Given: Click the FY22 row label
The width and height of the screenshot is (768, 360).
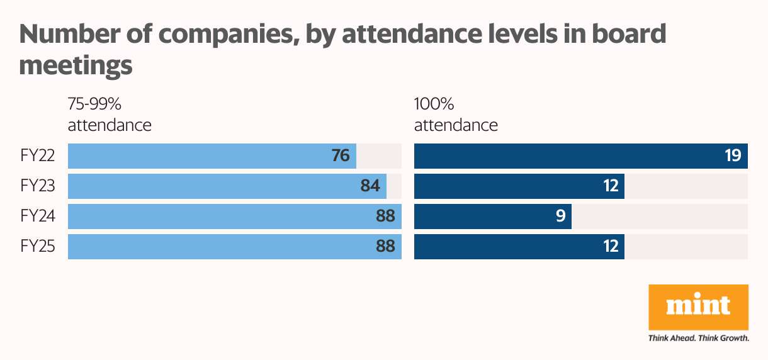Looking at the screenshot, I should click(37, 156).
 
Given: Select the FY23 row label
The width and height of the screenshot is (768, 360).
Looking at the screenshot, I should click(37, 186).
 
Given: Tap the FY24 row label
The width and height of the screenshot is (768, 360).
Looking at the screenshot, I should click(37, 217).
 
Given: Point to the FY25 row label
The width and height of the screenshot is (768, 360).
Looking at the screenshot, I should click(37, 247).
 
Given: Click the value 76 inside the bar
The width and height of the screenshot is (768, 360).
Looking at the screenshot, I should click(341, 156).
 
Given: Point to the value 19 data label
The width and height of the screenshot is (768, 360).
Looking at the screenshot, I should click(732, 156).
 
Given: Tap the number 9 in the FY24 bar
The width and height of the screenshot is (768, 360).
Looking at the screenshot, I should click(560, 217).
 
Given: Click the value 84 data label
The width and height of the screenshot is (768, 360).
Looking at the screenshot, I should click(370, 186).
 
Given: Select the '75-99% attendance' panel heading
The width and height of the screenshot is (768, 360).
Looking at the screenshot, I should click(110, 115).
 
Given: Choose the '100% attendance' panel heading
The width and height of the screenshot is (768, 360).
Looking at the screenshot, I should click(456, 115).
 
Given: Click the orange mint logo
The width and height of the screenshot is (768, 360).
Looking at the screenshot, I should click(698, 307).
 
